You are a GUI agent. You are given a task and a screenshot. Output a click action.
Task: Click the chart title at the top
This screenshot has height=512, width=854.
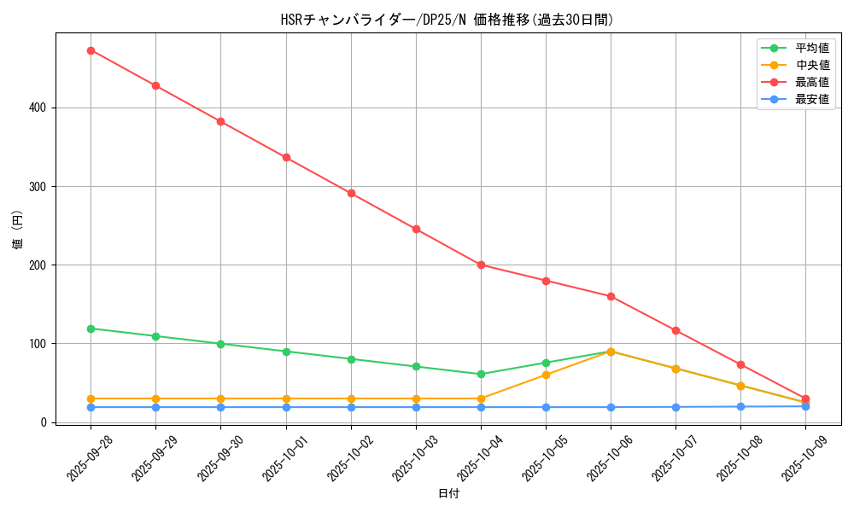click(447, 20)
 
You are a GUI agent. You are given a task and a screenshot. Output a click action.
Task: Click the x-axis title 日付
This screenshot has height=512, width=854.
click(448, 494)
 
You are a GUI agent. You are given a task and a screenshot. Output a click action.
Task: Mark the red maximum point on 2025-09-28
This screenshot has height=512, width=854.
click(91, 50)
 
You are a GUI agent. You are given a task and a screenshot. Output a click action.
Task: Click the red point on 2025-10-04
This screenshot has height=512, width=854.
click(481, 265)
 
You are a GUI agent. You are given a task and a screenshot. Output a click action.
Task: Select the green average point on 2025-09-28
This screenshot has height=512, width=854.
click(91, 329)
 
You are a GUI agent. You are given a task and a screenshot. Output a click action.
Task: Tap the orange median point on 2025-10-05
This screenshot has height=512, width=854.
click(546, 375)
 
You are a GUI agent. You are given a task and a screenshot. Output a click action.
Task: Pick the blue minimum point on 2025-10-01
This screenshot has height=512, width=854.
click(286, 407)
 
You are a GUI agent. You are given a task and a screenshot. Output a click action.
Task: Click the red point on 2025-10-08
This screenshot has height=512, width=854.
click(740, 365)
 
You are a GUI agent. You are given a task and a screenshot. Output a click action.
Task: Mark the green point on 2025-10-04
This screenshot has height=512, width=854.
click(481, 374)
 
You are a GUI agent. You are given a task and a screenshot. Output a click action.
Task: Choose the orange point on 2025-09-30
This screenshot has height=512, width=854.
click(220, 399)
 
